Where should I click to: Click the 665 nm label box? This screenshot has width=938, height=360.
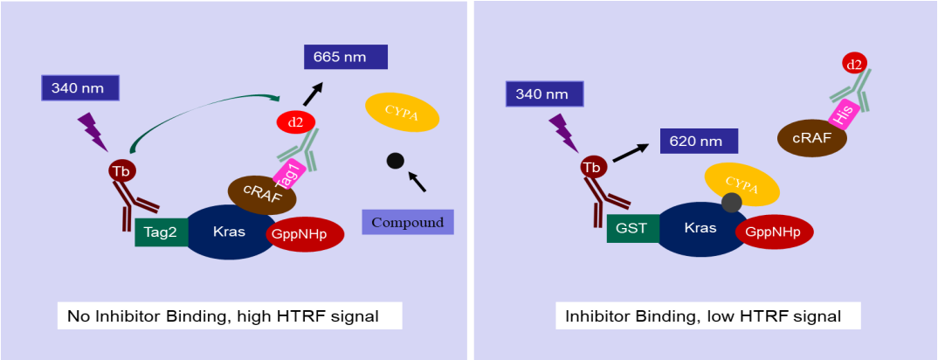pos(345,57)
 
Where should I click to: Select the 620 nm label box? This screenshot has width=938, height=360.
pos(699,140)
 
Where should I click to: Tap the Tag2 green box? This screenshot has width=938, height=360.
pos(162,232)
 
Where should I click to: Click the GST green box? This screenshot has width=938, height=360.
pos(633,229)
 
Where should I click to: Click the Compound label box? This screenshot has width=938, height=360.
pos(407,222)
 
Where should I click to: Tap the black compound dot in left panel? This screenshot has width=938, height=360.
pos(395,161)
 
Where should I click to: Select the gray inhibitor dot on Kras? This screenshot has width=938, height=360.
pos(731,203)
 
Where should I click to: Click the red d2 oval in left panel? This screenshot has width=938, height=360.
pos(296,123)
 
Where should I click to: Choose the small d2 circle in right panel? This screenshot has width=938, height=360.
pos(853,63)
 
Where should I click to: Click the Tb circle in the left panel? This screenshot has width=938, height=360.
pos(121,170)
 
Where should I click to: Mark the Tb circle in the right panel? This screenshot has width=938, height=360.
pos(592,167)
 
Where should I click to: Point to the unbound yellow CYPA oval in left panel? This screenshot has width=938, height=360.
pos(401,113)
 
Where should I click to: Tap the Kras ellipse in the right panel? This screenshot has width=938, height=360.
pos(700,228)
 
